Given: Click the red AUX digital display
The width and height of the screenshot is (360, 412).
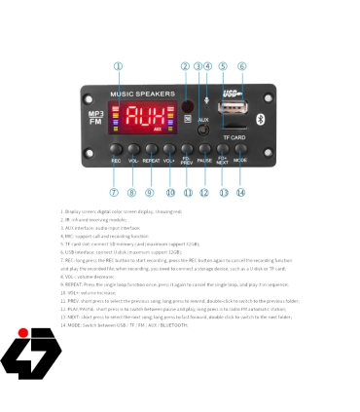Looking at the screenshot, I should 145,117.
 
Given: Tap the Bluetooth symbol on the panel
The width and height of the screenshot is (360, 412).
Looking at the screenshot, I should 259,117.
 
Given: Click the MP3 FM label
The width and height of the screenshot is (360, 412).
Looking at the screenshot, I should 95,117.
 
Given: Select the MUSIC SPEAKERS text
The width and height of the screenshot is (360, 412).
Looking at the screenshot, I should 142,94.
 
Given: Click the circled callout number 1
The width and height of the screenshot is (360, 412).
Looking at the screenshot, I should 118,66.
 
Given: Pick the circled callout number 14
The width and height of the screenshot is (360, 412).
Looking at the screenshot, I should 240,192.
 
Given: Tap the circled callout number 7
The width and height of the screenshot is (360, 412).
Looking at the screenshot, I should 115,192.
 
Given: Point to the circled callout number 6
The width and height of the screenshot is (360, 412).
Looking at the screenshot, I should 241,66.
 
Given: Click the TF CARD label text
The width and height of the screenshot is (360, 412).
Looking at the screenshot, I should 232,137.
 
